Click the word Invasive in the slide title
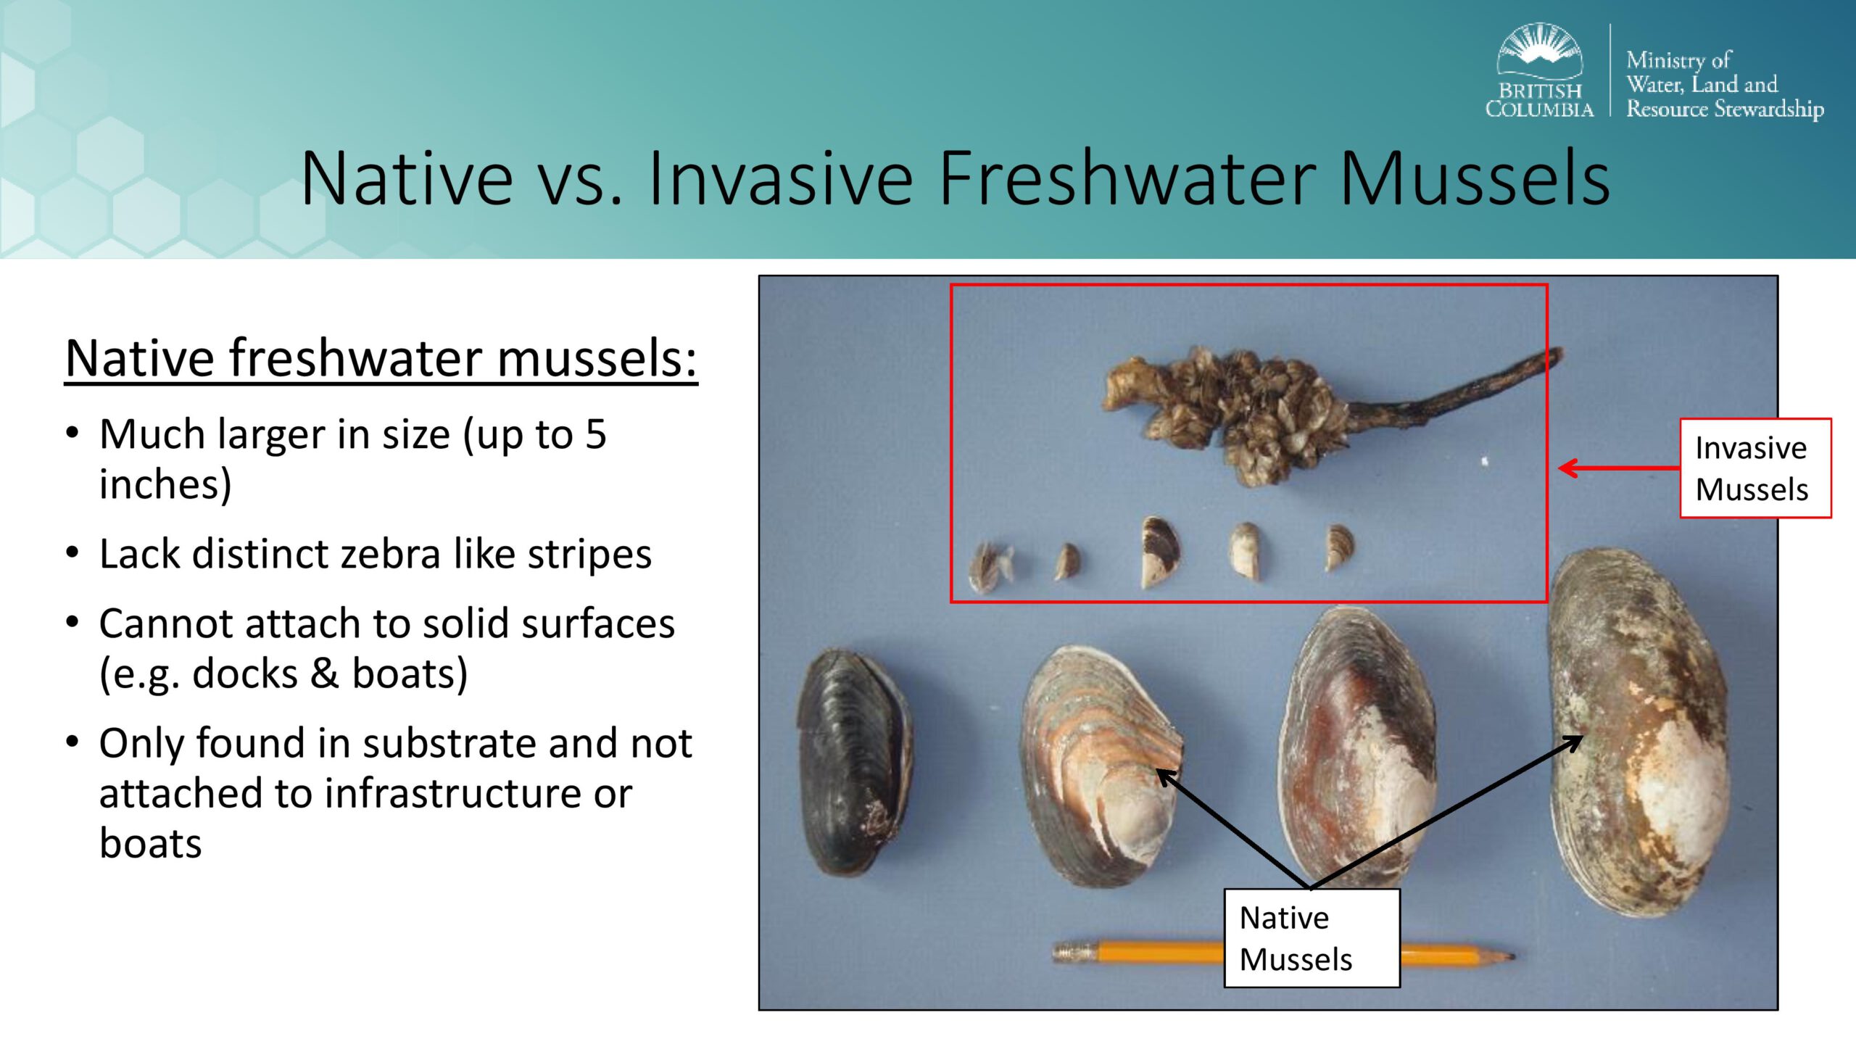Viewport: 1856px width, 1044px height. [x=780, y=178]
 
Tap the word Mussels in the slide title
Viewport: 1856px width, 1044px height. [x=1475, y=178]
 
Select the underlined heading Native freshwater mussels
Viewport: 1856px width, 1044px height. [x=381, y=358]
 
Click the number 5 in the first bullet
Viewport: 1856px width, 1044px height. [x=595, y=434]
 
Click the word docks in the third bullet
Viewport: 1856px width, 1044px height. [x=245, y=674]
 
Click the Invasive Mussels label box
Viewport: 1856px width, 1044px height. [x=1755, y=468]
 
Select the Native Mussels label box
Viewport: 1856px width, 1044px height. [x=1312, y=938]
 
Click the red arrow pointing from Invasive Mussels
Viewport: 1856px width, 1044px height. [x=1619, y=468]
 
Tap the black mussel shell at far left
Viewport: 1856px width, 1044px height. [x=854, y=761]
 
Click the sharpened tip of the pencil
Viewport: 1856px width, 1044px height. [x=1512, y=957]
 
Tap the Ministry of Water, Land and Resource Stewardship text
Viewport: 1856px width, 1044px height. [x=1725, y=84]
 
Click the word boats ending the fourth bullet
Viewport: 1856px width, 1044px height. [x=151, y=844]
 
